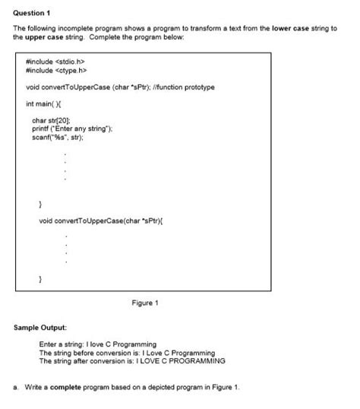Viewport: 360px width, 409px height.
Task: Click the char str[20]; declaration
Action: (51, 120)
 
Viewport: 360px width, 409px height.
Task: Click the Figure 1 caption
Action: (144, 303)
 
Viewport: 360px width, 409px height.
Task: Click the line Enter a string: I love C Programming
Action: (97, 345)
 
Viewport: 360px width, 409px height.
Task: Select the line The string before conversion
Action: (126, 353)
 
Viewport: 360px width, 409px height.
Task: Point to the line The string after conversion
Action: (122, 360)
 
